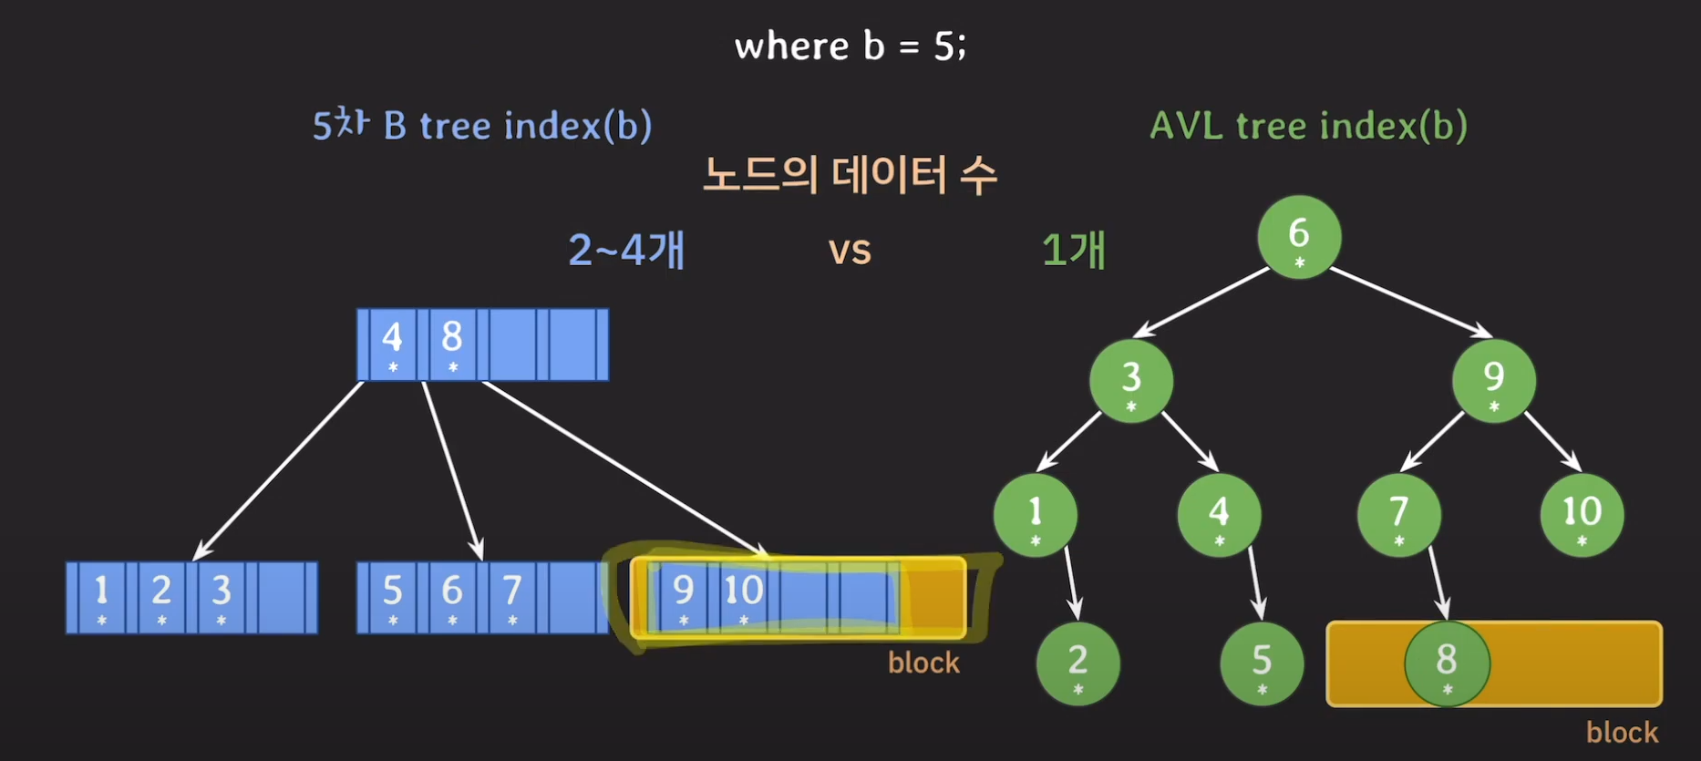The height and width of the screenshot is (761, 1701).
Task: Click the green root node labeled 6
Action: click(1299, 237)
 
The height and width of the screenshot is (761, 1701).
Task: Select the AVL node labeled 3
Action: click(1131, 380)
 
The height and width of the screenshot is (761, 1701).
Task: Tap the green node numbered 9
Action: click(1493, 380)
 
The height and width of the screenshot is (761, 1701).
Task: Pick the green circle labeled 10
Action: click(1582, 514)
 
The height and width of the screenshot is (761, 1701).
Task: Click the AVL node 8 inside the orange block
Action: click(1447, 663)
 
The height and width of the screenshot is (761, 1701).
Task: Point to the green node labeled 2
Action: click(1077, 663)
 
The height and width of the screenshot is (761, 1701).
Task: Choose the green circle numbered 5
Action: click(1262, 663)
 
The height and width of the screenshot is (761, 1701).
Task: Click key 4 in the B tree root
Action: click(392, 344)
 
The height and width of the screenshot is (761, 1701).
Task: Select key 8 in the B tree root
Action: click(452, 344)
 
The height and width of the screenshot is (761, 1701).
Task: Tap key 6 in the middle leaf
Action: click(452, 597)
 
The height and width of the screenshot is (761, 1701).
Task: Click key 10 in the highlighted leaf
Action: click(744, 597)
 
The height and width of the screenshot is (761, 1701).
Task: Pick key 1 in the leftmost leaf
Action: click(101, 597)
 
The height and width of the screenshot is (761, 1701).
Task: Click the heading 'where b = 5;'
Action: click(850, 46)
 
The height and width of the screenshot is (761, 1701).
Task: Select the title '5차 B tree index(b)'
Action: click(481, 125)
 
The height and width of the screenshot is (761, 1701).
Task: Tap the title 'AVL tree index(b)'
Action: click(1308, 125)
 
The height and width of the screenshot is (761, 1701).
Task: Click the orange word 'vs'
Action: click(850, 250)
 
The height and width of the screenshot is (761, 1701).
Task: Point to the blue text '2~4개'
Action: click(626, 250)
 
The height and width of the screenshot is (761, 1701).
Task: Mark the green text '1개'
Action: click(1074, 250)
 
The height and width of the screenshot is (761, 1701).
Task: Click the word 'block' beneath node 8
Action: click(1622, 732)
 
